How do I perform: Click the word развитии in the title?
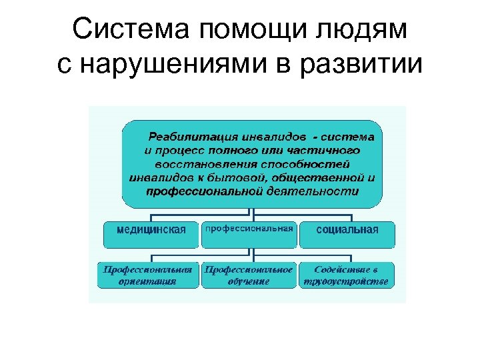(364, 67)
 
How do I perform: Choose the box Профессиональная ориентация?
(149, 275)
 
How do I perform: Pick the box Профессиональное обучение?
(249, 275)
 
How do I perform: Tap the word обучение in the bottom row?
(249, 281)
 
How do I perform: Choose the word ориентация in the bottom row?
(149, 281)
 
